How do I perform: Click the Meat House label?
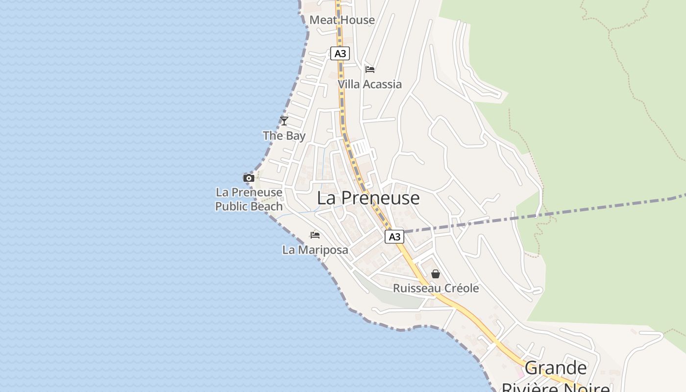(342, 20)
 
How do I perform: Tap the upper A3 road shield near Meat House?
(340, 53)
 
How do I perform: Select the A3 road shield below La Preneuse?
(394, 237)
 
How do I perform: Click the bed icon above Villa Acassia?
(370, 70)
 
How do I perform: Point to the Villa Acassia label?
(369, 84)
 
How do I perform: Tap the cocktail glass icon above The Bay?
(284, 121)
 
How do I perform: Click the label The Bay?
(284, 136)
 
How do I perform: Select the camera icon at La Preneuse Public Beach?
(249, 178)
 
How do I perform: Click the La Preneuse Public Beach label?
(249, 199)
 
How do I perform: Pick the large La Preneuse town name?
(368, 198)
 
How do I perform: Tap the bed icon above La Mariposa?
(315, 235)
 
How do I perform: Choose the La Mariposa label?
(315, 250)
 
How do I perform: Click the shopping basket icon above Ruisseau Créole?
(436, 274)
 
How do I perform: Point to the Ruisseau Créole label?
(436, 288)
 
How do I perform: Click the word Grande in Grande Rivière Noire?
(556, 367)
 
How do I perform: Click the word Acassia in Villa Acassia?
(382, 84)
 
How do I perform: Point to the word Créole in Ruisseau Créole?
(460, 288)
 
